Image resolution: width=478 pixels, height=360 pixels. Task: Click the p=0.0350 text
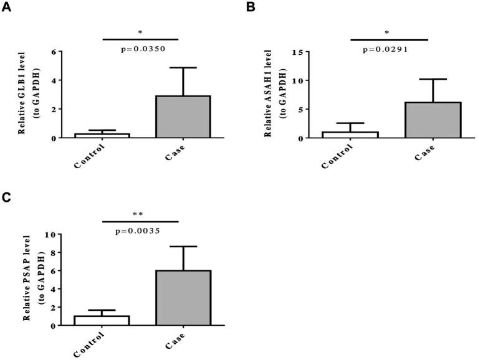[x=143, y=48]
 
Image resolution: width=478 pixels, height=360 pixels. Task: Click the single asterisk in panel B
[x=387, y=32]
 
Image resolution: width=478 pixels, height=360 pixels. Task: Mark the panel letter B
[x=251, y=7]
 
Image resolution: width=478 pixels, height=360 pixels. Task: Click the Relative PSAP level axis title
[x=28, y=279]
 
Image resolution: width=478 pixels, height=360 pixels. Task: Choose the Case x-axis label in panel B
[x=423, y=153]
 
